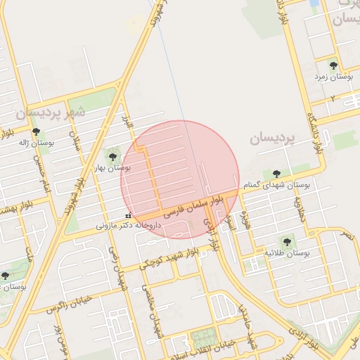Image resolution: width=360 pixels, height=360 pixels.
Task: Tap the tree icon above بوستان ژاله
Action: point(36,131)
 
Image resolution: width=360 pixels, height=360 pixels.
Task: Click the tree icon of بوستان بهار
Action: point(112,155)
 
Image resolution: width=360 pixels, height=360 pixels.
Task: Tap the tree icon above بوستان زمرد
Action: point(333,65)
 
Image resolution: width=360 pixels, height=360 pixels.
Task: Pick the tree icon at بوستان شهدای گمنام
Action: point(276,174)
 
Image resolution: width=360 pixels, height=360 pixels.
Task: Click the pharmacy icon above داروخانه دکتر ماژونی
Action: point(127,215)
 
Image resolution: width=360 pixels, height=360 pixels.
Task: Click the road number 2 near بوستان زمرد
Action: point(331,98)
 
